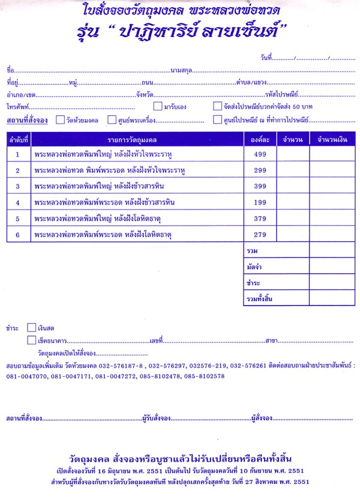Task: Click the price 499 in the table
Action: tap(259, 155)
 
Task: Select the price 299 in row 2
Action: tap(259, 171)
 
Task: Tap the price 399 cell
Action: tap(259, 187)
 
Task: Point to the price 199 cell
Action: tap(259, 202)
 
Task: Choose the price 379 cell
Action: tap(259, 218)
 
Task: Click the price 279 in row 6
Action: tap(259, 235)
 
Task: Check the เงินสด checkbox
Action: tap(32, 328)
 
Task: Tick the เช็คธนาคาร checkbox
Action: tap(32, 340)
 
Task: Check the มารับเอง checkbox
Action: tap(158, 107)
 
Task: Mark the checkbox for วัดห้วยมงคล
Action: tap(60, 120)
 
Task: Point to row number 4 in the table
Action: tap(18, 202)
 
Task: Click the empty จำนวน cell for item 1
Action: tap(293, 155)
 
